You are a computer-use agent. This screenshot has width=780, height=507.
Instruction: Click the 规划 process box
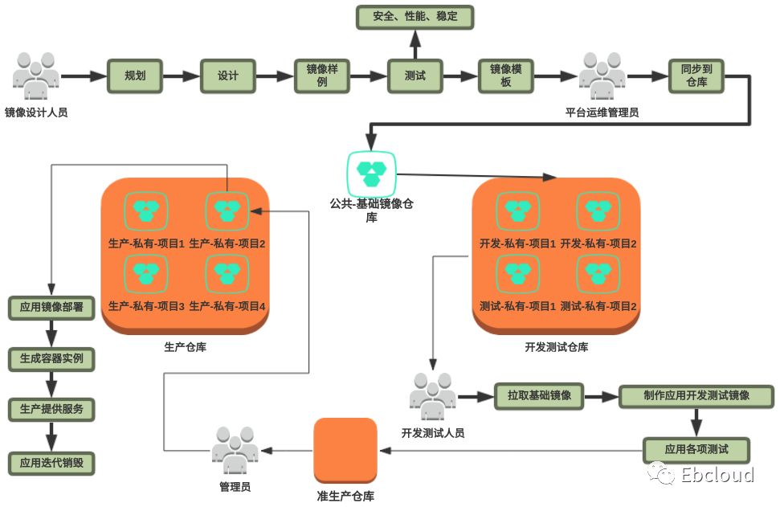(135, 76)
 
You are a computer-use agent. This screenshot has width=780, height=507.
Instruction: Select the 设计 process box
(227, 76)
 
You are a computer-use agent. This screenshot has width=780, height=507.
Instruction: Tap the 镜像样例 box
(321, 76)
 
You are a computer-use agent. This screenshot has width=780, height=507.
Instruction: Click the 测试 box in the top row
(415, 76)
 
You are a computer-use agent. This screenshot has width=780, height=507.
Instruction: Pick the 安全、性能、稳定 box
(415, 17)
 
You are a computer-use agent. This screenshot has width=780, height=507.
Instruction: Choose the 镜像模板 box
(506, 76)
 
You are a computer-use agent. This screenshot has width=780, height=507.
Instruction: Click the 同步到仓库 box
(696, 76)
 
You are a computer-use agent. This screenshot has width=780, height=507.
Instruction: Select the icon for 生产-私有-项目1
(146, 211)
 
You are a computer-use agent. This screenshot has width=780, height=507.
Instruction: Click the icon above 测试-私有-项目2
(598, 275)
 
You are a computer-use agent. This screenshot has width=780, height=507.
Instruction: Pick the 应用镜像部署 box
(51, 308)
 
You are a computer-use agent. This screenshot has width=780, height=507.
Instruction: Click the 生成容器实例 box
(51, 358)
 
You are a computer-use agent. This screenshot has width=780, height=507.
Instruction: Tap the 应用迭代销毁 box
(51, 463)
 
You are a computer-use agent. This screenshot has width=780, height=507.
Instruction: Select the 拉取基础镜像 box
(539, 396)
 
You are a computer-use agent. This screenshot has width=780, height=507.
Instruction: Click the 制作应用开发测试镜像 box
(696, 396)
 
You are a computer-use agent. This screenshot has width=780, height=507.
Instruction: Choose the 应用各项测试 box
(696, 449)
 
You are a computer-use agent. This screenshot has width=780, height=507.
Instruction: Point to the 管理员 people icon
(235, 450)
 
